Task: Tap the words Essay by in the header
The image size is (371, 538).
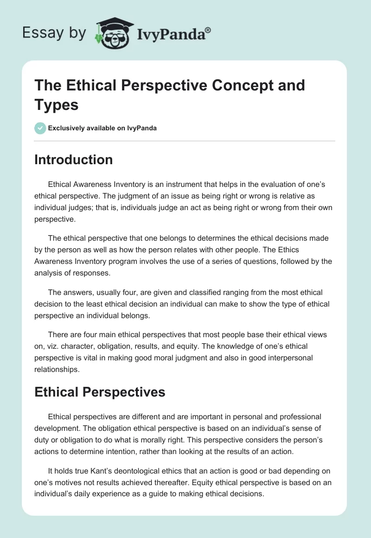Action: [55, 33]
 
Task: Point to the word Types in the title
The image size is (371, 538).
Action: [56, 105]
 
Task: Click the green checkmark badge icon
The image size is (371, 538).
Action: [40, 128]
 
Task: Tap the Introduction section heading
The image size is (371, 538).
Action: [74, 160]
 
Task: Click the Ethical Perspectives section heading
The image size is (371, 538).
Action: [100, 392]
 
